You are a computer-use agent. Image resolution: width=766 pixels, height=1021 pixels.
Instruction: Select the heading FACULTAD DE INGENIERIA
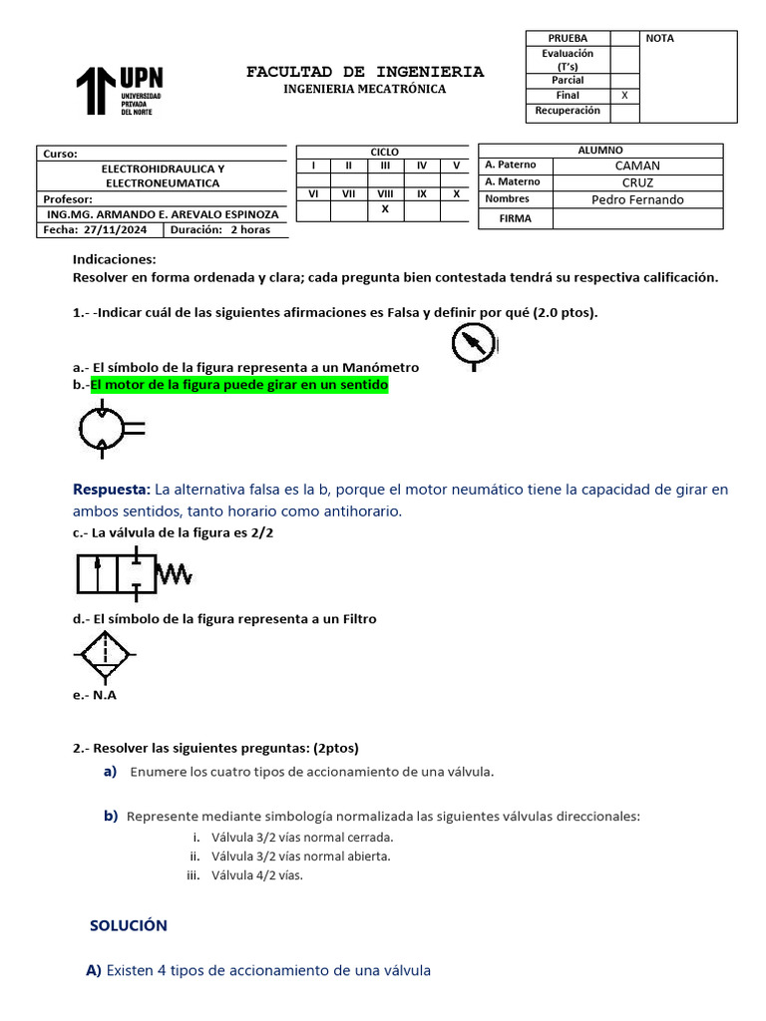click(x=365, y=72)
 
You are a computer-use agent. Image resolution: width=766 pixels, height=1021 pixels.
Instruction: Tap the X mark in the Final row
click(x=624, y=96)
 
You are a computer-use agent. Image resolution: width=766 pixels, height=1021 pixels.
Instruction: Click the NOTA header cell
click(x=660, y=39)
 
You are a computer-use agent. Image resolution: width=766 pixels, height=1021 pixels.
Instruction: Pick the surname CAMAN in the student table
click(x=637, y=166)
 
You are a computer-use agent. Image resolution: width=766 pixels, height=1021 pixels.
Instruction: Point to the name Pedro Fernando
click(x=637, y=199)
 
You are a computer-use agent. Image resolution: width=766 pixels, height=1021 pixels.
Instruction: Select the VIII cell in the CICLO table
click(x=385, y=194)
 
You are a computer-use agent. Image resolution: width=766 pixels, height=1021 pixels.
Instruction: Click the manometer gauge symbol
click(x=472, y=345)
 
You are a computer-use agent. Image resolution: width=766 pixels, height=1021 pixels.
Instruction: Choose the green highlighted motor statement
click(x=238, y=385)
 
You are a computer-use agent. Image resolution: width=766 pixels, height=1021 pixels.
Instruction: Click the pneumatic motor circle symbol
click(x=104, y=429)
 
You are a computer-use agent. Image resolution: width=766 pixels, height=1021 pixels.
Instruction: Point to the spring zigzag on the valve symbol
click(x=176, y=575)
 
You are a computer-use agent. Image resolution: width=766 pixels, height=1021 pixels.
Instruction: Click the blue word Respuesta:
click(x=111, y=490)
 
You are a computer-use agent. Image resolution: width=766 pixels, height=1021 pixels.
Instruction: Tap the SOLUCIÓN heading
click(x=129, y=926)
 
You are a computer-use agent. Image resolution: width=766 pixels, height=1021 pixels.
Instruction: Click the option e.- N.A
click(x=95, y=695)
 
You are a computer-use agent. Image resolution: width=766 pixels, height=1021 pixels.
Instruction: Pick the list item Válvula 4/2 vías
click(x=256, y=875)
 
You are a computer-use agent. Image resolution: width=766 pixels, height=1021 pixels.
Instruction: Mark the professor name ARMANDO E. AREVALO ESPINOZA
click(x=164, y=214)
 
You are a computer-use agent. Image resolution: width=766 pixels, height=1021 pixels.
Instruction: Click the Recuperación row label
click(x=568, y=111)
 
